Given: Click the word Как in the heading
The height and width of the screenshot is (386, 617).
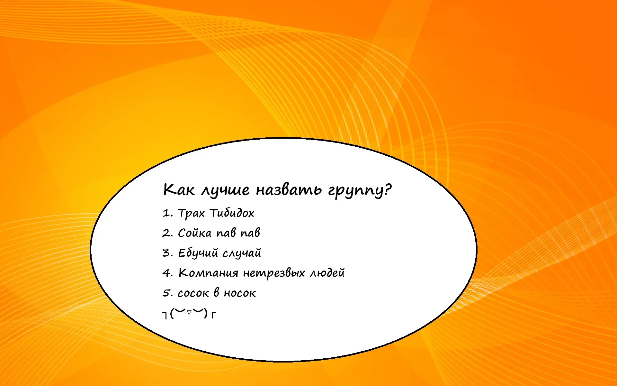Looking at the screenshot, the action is tap(179, 189).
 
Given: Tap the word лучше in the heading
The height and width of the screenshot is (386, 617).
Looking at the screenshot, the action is tap(225, 190).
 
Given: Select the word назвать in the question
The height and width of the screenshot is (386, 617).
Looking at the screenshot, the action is tap(289, 189).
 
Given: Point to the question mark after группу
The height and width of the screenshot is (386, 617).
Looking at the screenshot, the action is tap(388, 189).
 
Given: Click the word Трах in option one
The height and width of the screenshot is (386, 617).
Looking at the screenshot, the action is tap(191, 213).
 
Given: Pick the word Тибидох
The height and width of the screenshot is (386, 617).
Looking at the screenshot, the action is tap(232, 213).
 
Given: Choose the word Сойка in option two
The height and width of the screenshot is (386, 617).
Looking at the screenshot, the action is tap(195, 233).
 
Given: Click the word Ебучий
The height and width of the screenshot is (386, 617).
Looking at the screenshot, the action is tap(198, 253).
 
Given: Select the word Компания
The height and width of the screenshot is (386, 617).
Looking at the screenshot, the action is tap(208, 273).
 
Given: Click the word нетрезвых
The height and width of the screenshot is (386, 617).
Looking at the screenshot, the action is tap(274, 273).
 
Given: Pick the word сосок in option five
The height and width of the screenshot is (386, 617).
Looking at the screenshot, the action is tap(193, 293).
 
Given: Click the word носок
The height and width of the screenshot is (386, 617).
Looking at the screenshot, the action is tap(240, 293).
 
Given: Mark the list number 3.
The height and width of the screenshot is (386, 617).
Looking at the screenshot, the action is tap(166, 253).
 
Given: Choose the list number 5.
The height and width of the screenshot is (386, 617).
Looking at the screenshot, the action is tap(166, 293).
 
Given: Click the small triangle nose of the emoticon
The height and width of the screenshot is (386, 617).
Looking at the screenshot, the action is tap(189, 312).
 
